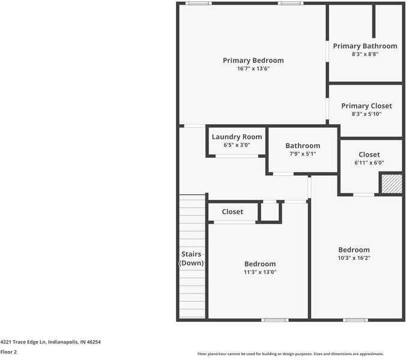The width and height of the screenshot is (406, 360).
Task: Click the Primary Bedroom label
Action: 253,61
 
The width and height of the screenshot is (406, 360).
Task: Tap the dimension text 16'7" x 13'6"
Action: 253,69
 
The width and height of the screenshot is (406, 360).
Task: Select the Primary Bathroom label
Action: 365,46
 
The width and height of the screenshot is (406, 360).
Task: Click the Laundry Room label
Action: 237,137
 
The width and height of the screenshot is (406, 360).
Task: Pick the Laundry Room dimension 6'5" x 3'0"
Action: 237,145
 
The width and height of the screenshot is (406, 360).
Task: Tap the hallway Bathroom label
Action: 302,146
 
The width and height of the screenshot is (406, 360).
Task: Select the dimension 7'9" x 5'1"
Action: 302,154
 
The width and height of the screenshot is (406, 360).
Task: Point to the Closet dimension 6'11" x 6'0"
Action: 369,163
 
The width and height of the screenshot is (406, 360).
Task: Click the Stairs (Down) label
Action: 192,259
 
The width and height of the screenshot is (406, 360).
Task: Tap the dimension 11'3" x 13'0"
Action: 259,272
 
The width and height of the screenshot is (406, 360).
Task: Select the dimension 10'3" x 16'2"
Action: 354,259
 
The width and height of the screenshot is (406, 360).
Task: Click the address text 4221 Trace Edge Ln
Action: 50,342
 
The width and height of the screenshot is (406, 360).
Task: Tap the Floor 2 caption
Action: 8,352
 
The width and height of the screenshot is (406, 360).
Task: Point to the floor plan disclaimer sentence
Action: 291,354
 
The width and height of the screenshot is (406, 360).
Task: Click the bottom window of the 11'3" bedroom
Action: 274,320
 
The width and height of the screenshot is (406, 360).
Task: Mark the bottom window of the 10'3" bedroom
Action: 355,320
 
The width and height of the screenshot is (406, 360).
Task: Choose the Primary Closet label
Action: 366,106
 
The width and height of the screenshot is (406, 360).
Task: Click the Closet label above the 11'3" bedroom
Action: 232,212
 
